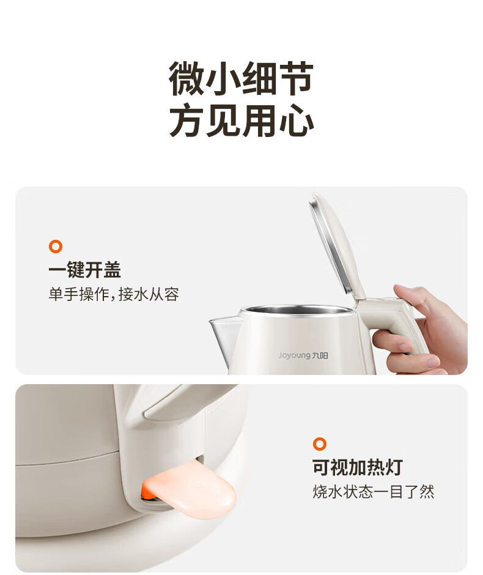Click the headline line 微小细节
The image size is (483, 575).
[241, 78]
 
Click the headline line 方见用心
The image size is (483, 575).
[241, 120]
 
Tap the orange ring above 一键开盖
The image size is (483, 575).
[56, 247]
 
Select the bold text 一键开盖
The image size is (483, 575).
[84, 270]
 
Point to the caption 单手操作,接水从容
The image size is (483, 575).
[114, 294]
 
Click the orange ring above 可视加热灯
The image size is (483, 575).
[320, 443]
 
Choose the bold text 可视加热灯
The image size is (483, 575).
[358, 467]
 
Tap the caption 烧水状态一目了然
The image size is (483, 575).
[373, 491]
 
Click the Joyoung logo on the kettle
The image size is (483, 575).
[303, 355]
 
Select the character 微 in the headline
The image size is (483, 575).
[186, 78]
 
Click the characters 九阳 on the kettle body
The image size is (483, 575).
[320, 355]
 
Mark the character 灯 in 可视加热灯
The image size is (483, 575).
[394, 467]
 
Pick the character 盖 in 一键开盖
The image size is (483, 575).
[112, 270]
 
